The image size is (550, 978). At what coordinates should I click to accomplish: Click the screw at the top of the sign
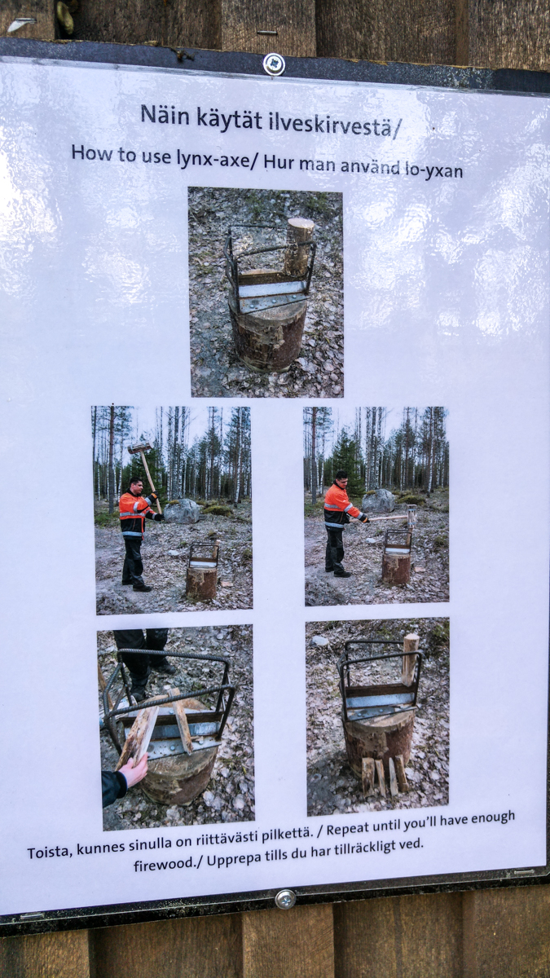[274, 64]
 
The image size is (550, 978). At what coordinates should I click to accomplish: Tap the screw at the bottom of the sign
[285, 900]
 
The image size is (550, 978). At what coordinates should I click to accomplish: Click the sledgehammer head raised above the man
[139, 447]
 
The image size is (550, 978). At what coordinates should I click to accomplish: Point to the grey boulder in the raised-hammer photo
[182, 511]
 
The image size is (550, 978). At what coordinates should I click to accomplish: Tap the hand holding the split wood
[134, 769]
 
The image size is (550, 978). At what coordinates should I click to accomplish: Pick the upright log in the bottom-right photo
[411, 659]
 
